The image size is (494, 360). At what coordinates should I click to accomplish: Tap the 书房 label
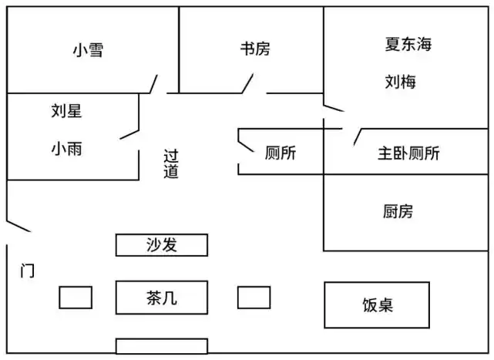click(x=254, y=49)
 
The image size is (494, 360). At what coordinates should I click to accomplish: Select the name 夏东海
click(x=408, y=44)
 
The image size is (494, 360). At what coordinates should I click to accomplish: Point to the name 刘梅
click(x=400, y=81)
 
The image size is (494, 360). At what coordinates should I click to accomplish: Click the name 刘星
click(x=66, y=111)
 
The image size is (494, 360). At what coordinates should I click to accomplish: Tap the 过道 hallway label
click(x=171, y=163)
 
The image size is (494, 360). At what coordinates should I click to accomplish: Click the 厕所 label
click(x=280, y=153)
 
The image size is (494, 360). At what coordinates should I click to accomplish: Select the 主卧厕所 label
click(x=408, y=153)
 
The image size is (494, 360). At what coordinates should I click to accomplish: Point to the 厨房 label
click(x=398, y=210)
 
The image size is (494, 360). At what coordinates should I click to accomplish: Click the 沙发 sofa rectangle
click(x=162, y=245)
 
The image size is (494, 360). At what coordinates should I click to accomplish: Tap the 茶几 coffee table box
click(x=162, y=297)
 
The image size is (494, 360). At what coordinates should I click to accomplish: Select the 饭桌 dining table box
click(x=377, y=304)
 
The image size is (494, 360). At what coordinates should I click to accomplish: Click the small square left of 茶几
click(x=76, y=297)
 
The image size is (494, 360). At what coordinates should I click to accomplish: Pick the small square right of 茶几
click(x=254, y=297)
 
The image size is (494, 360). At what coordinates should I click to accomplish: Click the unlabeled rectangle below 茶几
click(x=162, y=345)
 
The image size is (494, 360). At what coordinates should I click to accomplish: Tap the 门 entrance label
click(x=27, y=271)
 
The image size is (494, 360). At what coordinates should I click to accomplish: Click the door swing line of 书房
click(x=248, y=82)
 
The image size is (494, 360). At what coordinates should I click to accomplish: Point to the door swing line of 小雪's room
click(x=154, y=83)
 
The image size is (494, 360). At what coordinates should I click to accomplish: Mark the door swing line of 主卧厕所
click(x=357, y=136)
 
